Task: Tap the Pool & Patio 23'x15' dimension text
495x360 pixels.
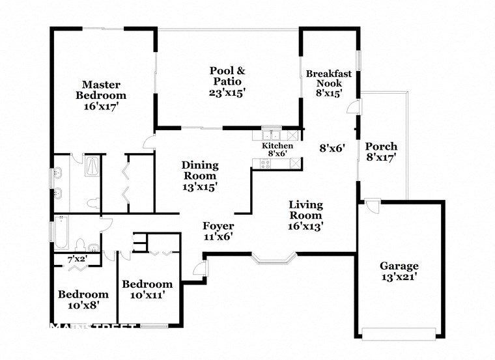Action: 227,93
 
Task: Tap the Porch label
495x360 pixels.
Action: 380,146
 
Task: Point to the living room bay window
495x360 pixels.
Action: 274,260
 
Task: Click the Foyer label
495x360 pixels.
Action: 218,226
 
